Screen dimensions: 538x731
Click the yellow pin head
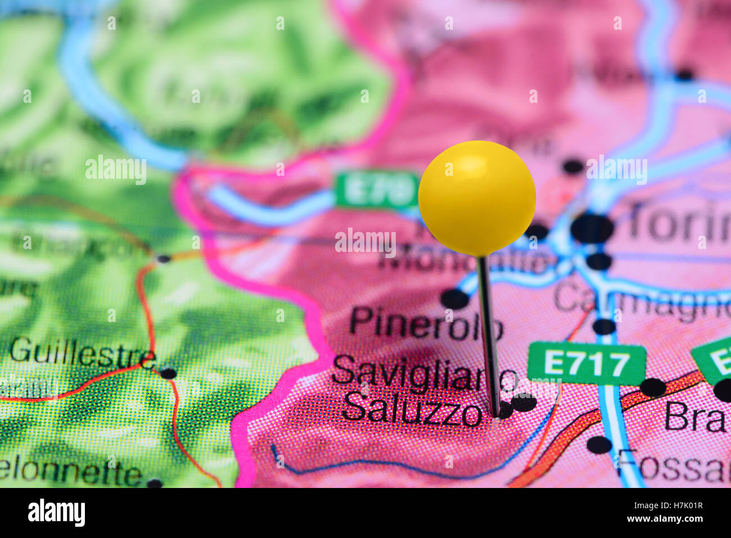point(477,197)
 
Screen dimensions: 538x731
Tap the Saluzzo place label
point(413,409)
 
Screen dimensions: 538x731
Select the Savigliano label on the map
point(424,373)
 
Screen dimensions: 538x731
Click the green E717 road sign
point(586,364)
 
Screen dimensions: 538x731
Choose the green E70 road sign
point(377,191)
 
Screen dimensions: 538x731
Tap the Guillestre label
point(83,352)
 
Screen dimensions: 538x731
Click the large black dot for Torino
point(592,229)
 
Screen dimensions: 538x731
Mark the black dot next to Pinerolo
point(454,299)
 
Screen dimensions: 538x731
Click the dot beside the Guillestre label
point(168,373)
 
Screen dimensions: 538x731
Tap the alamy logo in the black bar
point(56,513)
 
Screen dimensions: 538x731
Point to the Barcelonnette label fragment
point(70,472)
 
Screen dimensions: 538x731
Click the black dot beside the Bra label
point(652,387)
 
